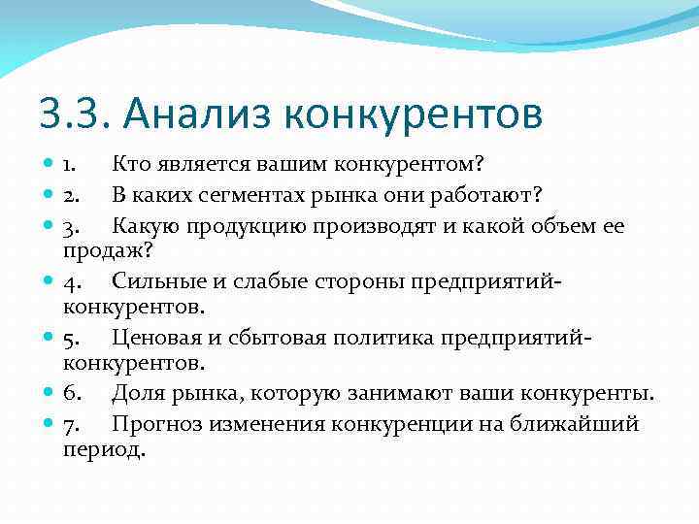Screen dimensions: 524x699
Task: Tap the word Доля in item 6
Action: coord(135,393)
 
